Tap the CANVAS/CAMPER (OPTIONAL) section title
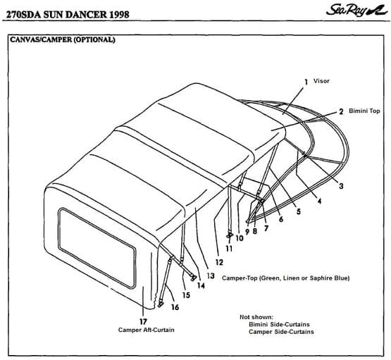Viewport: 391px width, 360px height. tap(62, 39)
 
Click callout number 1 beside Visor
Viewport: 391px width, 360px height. tap(306, 82)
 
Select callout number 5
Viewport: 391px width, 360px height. tap(298, 211)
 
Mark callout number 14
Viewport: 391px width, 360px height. tap(201, 285)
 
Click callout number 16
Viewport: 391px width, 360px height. tap(175, 306)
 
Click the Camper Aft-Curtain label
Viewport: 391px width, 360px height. tap(146, 330)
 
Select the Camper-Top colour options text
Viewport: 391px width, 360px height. tap(285, 278)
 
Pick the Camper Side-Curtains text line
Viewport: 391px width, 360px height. tap(282, 332)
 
